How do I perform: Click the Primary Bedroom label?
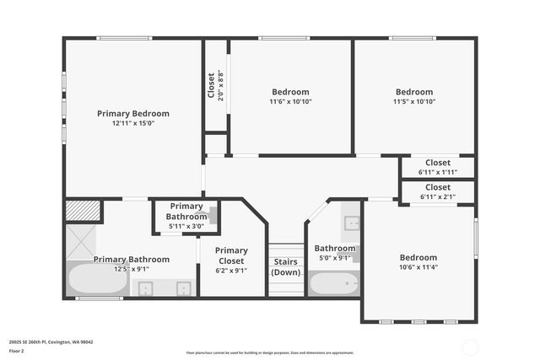point(132,113)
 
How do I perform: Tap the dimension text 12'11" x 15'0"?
point(132,123)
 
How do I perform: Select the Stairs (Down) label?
point(286,266)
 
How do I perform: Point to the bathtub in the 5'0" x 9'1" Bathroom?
point(333,282)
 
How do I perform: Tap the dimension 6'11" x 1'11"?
point(437,172)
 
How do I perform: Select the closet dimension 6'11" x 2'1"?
point(437,196)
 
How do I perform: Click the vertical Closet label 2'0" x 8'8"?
point(211,85)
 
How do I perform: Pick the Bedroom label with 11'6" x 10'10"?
point(290,92)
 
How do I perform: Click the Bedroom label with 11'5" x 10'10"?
point(414,92)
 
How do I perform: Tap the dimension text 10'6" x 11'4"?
point(418,267)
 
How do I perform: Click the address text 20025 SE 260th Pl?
point(51,342)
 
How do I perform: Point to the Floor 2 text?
point(17,351)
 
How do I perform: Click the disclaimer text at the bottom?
point(270,352)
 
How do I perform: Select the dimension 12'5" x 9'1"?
point(121,270)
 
